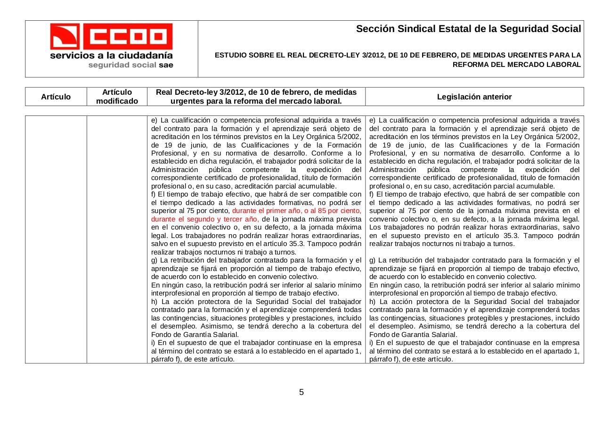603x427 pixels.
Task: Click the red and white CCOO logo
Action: (x=112, y=36)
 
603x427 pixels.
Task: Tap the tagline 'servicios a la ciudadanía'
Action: (x=112, y=56)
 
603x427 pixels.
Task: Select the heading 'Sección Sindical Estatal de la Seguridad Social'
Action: (x=468, y=29)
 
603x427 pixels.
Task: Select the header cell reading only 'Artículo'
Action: (x=56, y=97)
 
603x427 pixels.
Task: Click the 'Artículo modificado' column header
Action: (x=117, y=97)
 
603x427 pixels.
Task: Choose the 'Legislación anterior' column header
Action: (x=474, y=97)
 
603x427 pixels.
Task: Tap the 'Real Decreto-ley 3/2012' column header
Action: (x=256, y=97)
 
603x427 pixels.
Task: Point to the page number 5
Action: (x=301, y=392)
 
